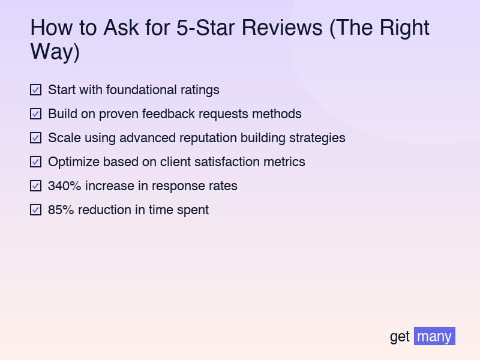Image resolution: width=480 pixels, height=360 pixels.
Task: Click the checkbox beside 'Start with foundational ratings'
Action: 36,90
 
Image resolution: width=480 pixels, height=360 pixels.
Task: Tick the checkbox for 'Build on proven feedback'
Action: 36,114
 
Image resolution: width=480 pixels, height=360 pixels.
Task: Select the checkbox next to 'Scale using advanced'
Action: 36,138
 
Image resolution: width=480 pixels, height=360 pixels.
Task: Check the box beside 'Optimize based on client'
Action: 36,162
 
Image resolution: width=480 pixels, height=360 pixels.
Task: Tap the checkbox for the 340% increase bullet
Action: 36,186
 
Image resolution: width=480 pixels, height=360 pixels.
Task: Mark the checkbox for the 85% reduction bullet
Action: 36,210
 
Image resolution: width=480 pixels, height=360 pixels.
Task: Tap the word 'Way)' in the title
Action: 55,52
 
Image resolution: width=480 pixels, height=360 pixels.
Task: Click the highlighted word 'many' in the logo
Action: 434,336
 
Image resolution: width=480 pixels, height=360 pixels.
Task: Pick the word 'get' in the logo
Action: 400,337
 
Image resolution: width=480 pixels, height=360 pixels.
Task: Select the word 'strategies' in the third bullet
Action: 317,138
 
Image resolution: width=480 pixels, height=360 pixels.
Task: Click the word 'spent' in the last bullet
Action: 192,210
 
